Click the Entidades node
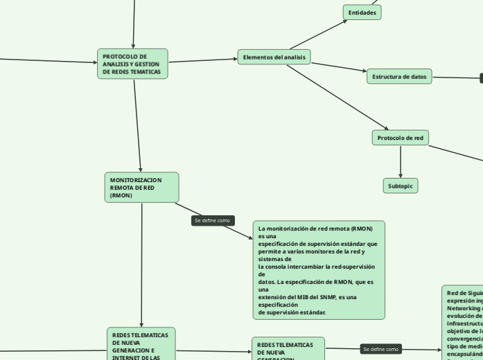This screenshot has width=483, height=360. coord(362,12)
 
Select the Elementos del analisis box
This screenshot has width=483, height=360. coord(274,57)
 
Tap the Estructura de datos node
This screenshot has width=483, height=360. coord(399,76)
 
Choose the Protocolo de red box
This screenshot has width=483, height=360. coord(400,138)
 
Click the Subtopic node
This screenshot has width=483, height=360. coord(401,186)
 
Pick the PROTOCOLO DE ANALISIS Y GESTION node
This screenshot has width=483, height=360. coord(132,64)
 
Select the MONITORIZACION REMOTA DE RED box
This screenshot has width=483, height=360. coord(141,188)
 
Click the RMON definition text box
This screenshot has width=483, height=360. coord(318,270)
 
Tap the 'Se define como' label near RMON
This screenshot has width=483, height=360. coord(213,221)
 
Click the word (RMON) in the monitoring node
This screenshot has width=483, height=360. coord(121,195)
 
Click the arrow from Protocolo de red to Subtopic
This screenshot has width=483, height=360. coord(401,162)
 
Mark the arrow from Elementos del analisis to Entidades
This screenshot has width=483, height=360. coord(319,34)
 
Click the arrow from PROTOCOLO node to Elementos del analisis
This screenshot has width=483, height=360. coord(203,60)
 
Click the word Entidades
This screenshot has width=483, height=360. coord(362,12)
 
